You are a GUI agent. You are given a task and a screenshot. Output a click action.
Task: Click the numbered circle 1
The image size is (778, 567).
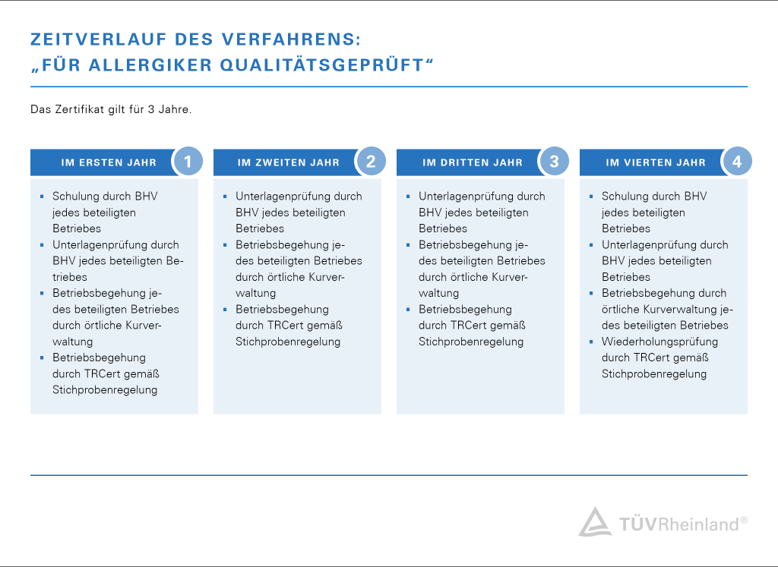pyautogui.click(x=188, y=162)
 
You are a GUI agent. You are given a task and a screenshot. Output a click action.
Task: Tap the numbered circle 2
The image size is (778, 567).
pyautogui.click(x=371, y=162)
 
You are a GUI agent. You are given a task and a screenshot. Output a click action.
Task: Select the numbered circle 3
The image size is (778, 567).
pyautogui.click(x=554, y=162)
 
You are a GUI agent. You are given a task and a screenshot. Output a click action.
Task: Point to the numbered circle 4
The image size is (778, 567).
pyautogui.click(x=737, y=162)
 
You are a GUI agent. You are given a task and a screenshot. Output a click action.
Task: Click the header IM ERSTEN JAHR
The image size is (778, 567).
pyautogui.click(x=109, y=162)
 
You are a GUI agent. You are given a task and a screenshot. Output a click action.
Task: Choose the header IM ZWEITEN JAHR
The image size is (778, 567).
pyautogui.click(x=288, y=162)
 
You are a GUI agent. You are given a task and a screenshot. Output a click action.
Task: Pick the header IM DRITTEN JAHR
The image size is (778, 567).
pyautogui.click(x=473, y=162)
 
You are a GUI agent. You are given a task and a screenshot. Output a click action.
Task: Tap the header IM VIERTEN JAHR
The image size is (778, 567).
pyautogui.click(x=656, y=162)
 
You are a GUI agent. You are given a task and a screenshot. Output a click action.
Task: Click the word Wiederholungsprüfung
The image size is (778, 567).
pyautogui.click(x=660, y=342)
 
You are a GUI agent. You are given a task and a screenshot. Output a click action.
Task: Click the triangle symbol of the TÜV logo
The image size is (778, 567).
pyautogui.click(x=595, y=521)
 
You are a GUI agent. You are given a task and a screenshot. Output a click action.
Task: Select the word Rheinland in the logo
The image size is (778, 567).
pyautogui.click(x=699, y=524)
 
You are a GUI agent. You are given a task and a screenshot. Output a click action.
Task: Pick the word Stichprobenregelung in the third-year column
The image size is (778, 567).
pyautogui.click(x=471, y=342)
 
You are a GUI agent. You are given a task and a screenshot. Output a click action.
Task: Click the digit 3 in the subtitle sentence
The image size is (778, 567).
pyautogui.click(x=151, y=109)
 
